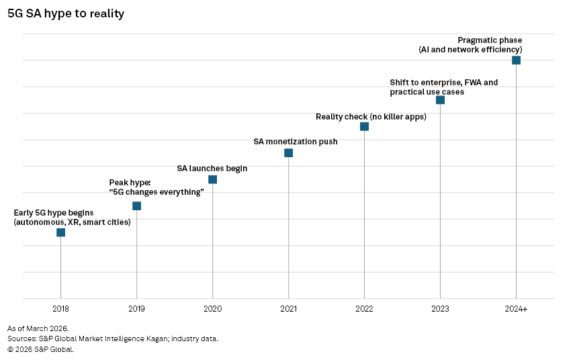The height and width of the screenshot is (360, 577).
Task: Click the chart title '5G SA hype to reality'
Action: [x=66, y=13]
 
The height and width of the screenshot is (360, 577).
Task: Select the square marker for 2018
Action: [x=60, y=232]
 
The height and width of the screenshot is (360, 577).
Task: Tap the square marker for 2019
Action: [x=136, y=206]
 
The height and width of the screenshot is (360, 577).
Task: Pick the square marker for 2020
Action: [x=212, y=179]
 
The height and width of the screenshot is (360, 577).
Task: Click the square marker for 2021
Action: [x=288, y=153]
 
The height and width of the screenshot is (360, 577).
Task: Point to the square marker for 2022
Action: [x=364, y=126]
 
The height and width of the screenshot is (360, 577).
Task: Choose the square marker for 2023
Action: [x=440, y=100]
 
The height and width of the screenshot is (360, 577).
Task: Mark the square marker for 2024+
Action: [x=516, y=60]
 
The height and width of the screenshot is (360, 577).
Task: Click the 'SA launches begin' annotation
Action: [x=212, y=169]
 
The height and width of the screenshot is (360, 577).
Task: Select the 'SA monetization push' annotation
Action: [x=295, y=142]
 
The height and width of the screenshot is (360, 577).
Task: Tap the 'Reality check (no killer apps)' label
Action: [x=371, y=117]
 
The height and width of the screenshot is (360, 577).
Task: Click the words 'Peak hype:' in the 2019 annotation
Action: [x=130, y=183]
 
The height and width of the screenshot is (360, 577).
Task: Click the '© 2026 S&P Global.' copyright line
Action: [x=40, y=349]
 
